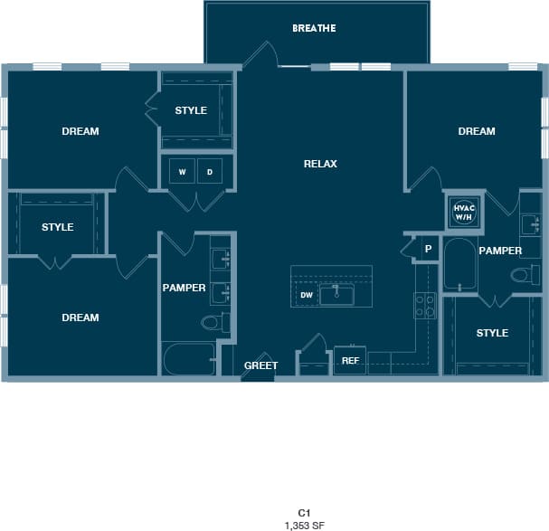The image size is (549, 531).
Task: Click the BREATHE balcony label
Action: coord(314,28)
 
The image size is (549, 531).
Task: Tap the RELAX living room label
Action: coord(320,164)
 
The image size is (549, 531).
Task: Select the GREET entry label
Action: coord(260,365)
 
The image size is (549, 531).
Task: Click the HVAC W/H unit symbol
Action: coord(463,212)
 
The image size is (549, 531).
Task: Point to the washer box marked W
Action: coord(182,171)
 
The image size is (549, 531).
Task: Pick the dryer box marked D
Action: coord(210,171)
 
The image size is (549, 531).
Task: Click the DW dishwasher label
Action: coord(306,295)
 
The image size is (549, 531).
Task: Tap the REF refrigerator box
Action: coord(350,360)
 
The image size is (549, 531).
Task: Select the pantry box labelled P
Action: coord(428,248)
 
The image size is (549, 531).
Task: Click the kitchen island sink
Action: coord(336,293)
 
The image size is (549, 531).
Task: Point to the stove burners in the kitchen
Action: coord(424,306)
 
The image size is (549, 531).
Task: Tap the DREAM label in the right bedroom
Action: coord(477,131)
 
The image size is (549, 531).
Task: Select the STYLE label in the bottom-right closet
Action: coord(492,333)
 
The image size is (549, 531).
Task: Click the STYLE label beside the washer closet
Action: coord(191,110)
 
